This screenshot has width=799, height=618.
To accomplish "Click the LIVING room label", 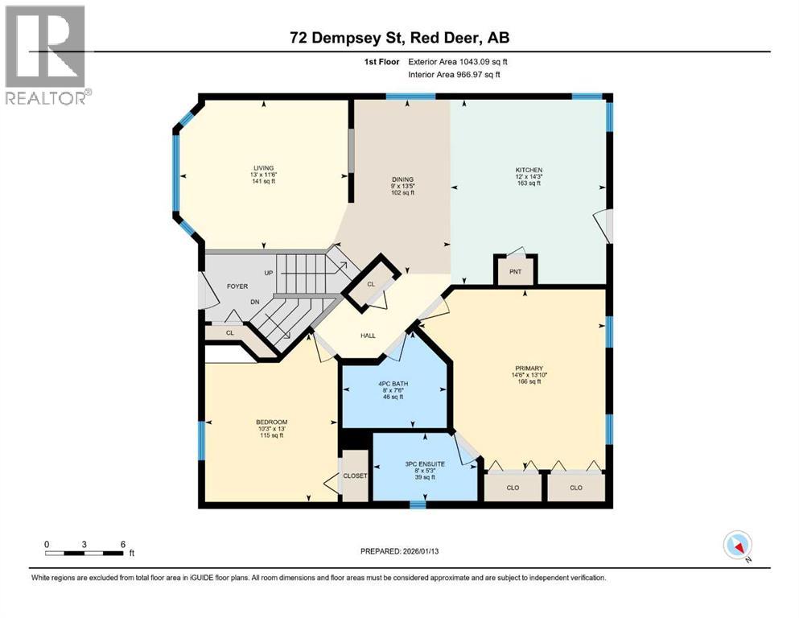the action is (263, 168).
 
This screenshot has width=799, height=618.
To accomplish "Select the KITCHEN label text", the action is (529, 170).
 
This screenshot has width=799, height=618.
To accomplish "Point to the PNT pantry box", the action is (515, 270).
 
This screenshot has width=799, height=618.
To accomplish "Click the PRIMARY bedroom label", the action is (529, 369).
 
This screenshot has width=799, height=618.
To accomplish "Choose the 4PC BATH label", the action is (393, 384).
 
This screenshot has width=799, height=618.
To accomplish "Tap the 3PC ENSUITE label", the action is (425, 464).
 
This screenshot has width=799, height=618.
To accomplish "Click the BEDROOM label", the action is (272, 422).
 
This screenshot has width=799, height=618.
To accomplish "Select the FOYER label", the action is (237, 286).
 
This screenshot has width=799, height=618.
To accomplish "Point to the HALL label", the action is (368, 336).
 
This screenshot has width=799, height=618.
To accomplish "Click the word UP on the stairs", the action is (269, 273).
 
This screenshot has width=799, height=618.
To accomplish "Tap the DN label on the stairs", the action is (255, 302).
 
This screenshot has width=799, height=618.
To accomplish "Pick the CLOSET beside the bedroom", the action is (355, 476).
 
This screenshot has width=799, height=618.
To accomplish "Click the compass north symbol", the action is (737, 546).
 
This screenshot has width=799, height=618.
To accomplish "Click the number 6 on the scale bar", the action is (123, 544).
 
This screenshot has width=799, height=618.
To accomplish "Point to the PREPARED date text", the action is (399, 551).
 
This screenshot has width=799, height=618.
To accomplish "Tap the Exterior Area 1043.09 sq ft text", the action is (458, 62).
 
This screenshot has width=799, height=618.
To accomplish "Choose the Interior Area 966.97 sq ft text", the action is (454, 74).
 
